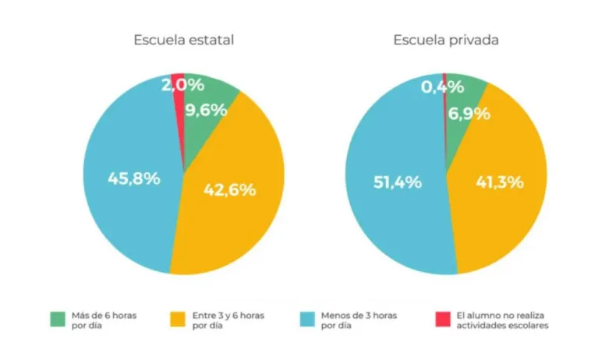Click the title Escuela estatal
[x=183, y=41]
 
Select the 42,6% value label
[x=229, y=189]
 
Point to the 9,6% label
[x=206, y=110]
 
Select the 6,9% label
[x=469, y=114]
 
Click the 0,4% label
[x=443, y=86]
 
